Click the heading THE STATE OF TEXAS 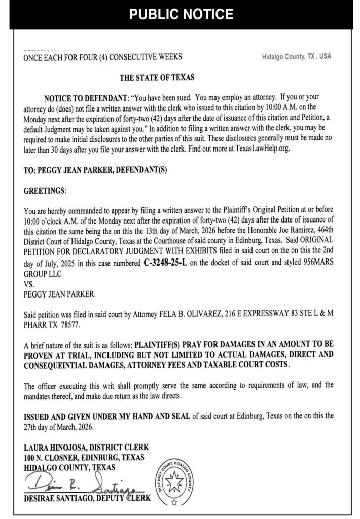coord(158,78)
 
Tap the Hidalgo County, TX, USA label coord(297,57)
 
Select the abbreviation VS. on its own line coord(30,285)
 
